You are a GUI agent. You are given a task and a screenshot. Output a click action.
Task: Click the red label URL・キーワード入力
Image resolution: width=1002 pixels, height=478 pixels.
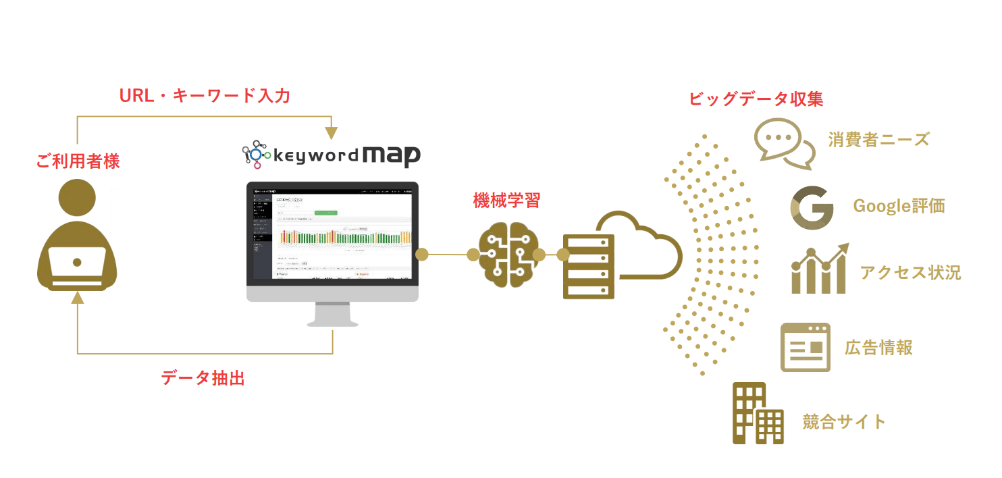click(205, 96)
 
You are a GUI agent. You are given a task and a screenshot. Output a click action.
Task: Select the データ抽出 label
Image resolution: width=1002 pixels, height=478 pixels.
click(203, 378)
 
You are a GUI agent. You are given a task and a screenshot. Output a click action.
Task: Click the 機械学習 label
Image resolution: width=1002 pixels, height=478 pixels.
click(506, 200)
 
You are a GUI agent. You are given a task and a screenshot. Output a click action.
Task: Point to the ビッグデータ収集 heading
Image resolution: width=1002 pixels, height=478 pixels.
click(756, 99)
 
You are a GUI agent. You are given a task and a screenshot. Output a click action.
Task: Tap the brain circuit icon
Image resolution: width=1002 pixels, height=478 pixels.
click(507, 255)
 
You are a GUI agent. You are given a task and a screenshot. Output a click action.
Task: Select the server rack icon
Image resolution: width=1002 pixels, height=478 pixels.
click(589, 266)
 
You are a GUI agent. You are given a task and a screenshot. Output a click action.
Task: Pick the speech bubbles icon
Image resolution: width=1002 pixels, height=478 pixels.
click(783, 143)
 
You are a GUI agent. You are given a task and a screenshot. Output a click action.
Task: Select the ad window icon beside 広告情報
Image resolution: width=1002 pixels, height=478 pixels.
click(805, 347)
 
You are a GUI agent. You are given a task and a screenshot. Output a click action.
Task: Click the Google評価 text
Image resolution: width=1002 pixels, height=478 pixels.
click(899, 206)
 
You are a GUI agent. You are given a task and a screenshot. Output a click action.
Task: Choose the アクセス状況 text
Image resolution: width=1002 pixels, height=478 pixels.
click(910, 272)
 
